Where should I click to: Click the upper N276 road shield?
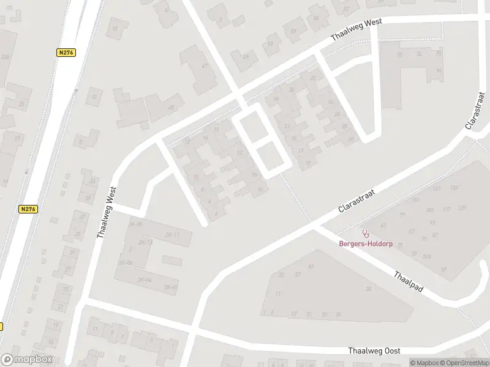66,53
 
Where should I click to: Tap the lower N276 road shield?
28,209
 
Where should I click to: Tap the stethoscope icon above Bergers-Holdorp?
366,233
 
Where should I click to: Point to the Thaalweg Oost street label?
374,350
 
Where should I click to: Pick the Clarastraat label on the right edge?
475,111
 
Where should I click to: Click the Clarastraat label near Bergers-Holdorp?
356,201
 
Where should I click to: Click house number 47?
205,66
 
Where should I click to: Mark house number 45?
171,107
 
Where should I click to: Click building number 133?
454,187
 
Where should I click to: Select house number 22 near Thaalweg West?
314,78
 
